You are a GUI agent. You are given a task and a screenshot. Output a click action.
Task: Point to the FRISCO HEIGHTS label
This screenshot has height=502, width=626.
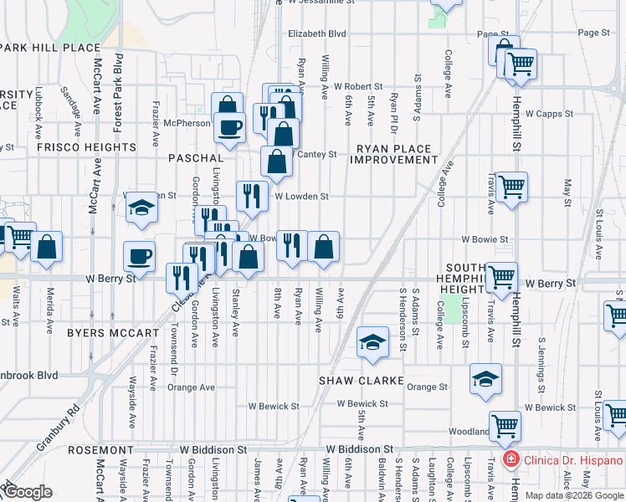(86, 147)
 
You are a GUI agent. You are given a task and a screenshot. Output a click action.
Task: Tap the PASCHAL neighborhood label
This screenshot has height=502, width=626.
(196, 158)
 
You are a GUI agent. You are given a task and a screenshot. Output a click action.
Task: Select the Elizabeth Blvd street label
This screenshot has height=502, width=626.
(316, 34)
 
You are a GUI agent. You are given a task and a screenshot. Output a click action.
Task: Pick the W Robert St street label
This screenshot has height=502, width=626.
(357, 86)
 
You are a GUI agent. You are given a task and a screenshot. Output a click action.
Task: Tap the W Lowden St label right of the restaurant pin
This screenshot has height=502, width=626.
(302, 197)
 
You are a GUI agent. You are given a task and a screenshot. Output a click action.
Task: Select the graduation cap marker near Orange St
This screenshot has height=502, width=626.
(485, 378)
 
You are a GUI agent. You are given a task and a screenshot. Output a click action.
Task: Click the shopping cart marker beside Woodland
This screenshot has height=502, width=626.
(505, 426)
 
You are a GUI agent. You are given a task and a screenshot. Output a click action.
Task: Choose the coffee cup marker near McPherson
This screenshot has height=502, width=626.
(228, 127)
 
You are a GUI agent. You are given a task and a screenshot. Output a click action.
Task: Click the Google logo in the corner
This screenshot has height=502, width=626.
(27, 492)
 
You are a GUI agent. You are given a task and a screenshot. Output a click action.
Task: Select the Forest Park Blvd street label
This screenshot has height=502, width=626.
(118, 92)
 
